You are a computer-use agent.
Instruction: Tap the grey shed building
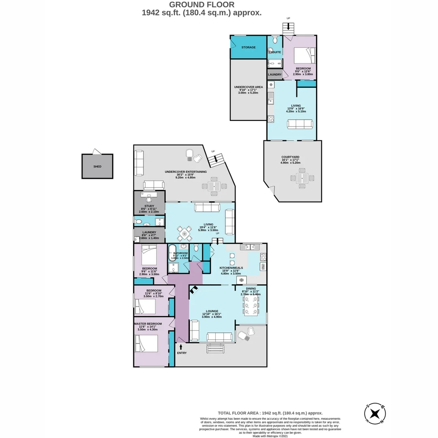97,166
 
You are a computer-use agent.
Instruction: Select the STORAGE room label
249,47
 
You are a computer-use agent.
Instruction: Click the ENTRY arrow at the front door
181,347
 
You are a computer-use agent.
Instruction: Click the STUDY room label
148,206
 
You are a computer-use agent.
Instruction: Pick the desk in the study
149,195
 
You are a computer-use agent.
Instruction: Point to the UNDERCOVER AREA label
248,87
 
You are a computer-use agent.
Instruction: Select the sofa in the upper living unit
300,124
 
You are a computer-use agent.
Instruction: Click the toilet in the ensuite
275,40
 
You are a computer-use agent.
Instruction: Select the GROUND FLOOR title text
201,5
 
